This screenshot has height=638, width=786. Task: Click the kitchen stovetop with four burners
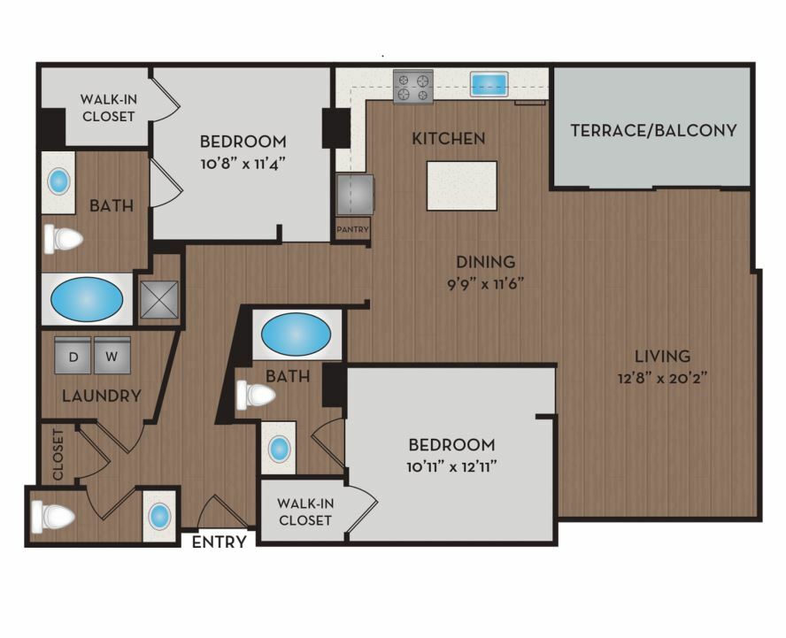click(413, 87)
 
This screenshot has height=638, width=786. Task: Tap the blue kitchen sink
click(489, 84)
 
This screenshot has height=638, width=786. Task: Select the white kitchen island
click(462, 186)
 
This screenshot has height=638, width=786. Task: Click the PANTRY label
click(353, 229)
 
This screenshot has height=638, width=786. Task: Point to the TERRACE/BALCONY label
click(653, 130)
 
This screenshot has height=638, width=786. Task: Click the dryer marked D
click(73, 356)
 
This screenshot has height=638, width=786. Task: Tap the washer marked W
click(112, 356)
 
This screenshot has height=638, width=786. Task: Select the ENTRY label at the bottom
click(219, 542)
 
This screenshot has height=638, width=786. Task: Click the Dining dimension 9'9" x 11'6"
click(485, 285)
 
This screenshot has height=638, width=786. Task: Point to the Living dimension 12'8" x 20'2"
click(662, 378)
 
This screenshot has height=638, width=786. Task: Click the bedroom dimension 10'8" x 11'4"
click(243, 164)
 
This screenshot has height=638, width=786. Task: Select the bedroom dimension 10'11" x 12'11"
click(451, 467)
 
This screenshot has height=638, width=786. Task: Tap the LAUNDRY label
click(102, 396)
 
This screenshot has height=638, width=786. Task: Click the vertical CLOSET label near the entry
click(58, 455)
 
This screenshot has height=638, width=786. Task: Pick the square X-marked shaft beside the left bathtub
click(159, 300)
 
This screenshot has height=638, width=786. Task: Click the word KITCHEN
click(449, 138)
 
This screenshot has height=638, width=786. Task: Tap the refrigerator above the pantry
click(355, 195)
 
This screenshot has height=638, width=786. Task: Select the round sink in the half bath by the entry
click(160, 516)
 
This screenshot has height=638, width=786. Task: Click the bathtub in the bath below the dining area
click(297, 334)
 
